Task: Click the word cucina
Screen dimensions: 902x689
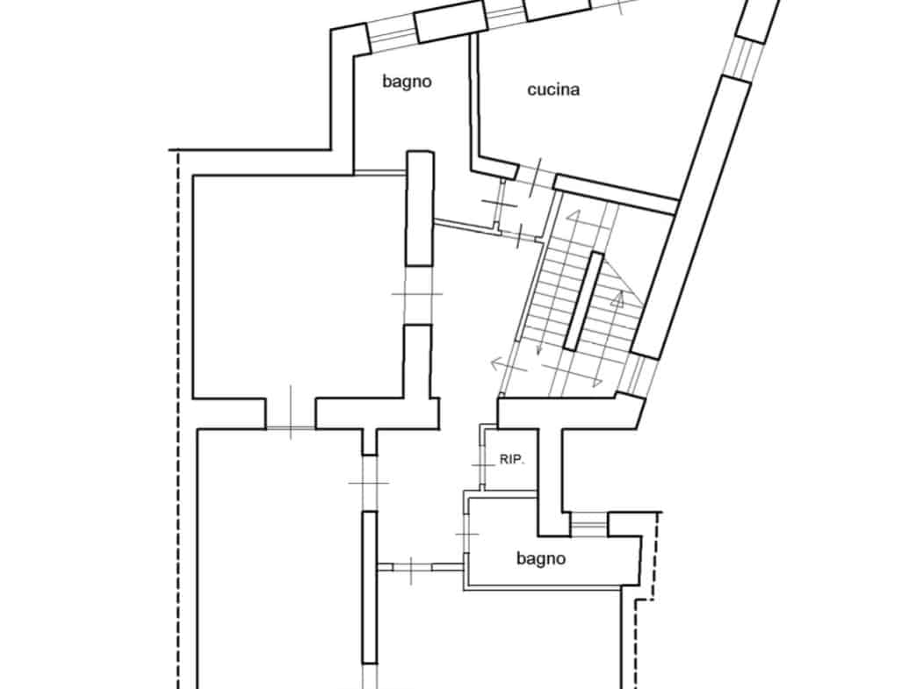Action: pyautogui.click(x=552, y=90)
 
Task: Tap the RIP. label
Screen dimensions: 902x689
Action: pyautogui.click(x=511, y=460)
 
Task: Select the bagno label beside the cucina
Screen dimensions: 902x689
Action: pyautogui.click(x=407, y=82)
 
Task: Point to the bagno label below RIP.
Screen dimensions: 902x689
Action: pyautogui.click(x=541, y=558)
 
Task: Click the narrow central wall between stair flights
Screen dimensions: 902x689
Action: pyautogui.click(x=583, y=301)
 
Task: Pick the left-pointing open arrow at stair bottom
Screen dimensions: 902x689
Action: pyautogui.click(x=509, y=365)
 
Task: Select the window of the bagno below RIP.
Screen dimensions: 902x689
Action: pyautogui.click(x=588, y=523)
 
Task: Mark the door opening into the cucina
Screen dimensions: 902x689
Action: pyautogui.click(x=536, y=175)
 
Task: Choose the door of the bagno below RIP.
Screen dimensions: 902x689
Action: pyautogui.click(x=466, y=535)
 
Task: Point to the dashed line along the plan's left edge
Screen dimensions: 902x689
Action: pyautogui.click(x=177, y=419)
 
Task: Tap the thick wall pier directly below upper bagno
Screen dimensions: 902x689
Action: pyautogui.click(x=420, y=208)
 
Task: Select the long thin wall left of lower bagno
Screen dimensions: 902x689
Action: pyautogui.click(x=369, y=587)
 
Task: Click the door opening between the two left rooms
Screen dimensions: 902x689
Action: pyautogui.click(x=291, y=413)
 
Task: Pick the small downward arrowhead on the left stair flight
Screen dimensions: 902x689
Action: pyautogui.click(x=540, y=348)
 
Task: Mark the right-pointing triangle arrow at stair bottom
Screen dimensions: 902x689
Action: pyautogui.click(x=596, y=380)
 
